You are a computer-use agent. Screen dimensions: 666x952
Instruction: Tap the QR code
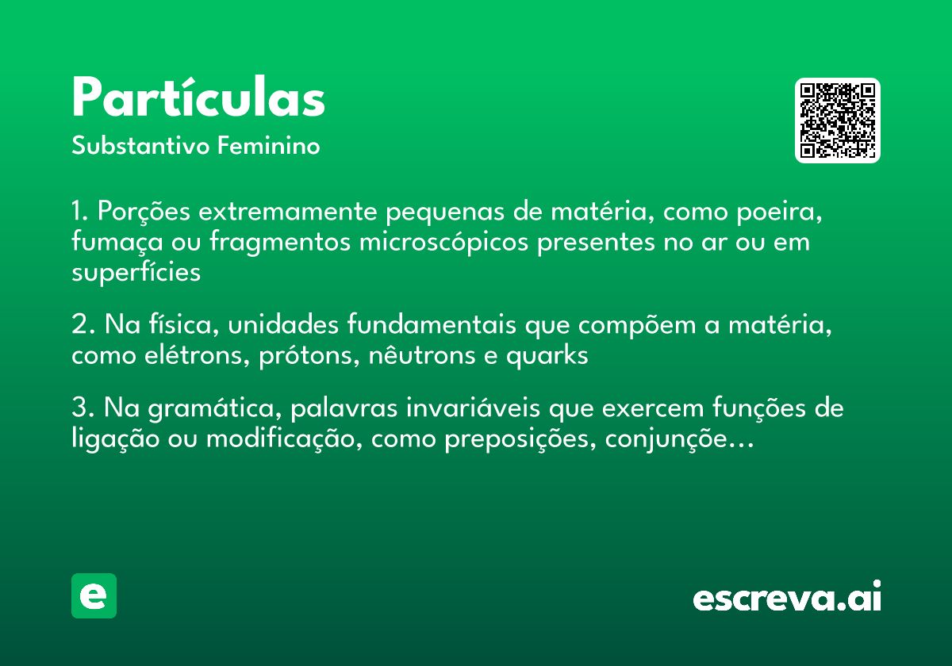click(x=838, y=121)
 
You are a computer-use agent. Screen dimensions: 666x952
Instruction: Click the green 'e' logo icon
click(x=94, y=595)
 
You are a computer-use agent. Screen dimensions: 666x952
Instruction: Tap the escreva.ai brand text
click(x=787, y=598)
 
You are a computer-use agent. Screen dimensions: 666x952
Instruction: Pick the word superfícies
click(x=136, y=272)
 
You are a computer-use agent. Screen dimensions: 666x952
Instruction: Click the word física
click(x=174, y=326)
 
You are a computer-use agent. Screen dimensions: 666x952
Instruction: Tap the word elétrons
click(x=205, y=356)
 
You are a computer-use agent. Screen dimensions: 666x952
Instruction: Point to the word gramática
click(x=209, y=410)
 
